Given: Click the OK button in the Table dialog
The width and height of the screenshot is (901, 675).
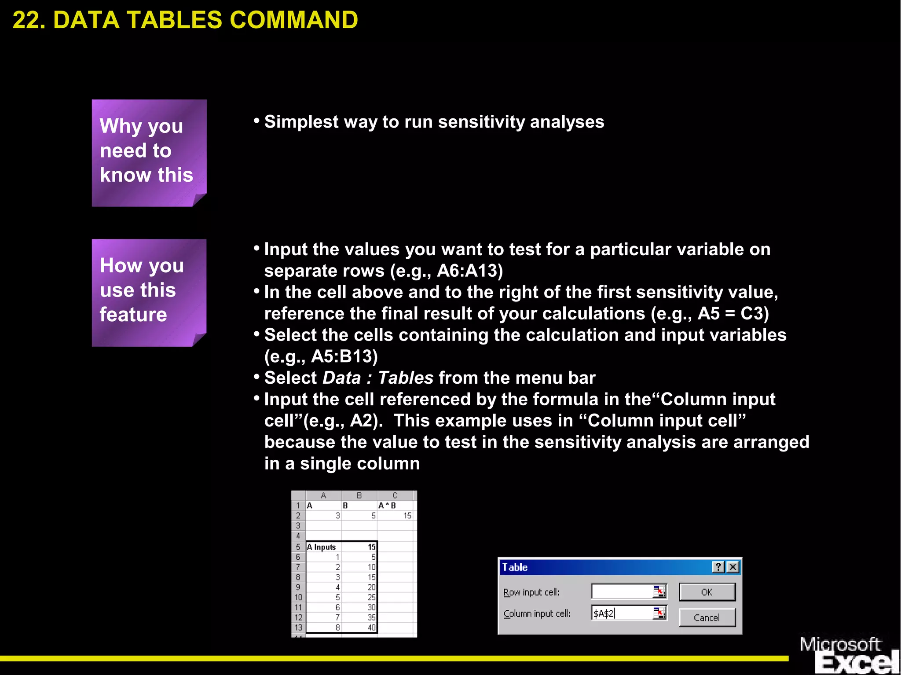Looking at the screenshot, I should (x=707, y=592).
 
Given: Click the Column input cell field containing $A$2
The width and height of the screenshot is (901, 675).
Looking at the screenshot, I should (x=622, y=613).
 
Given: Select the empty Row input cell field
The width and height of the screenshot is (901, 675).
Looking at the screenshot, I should (x=622, y=592).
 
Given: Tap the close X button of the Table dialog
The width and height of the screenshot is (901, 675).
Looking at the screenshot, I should (x=733, y=567).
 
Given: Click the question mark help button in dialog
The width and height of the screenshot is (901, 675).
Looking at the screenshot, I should (x=718, y=567).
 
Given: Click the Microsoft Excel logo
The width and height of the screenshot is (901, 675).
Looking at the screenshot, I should (x=849, y=655).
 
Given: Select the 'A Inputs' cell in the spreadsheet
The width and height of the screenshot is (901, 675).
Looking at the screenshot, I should (x=323, y=547).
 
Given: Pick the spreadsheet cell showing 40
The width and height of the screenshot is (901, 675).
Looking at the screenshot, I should (x=359, y=627).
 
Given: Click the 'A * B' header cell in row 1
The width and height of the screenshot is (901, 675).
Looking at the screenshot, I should (x=395, y=506).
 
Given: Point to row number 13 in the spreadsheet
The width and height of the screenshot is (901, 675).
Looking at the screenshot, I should (x=298, y=627).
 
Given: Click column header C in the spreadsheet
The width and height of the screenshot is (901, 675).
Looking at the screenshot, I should (x=395, y=495).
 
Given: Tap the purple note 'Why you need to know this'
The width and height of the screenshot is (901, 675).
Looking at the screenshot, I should (x=149, y=152).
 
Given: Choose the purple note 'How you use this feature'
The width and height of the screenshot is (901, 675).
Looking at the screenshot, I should (x=149, y=292).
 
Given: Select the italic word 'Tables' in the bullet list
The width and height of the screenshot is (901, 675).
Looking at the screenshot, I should (x=406, y=378).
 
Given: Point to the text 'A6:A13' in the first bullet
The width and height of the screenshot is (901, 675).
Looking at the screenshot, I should (x=469, y=271).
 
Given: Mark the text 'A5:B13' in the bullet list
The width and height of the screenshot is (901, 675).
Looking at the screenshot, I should (x=344, y=356).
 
